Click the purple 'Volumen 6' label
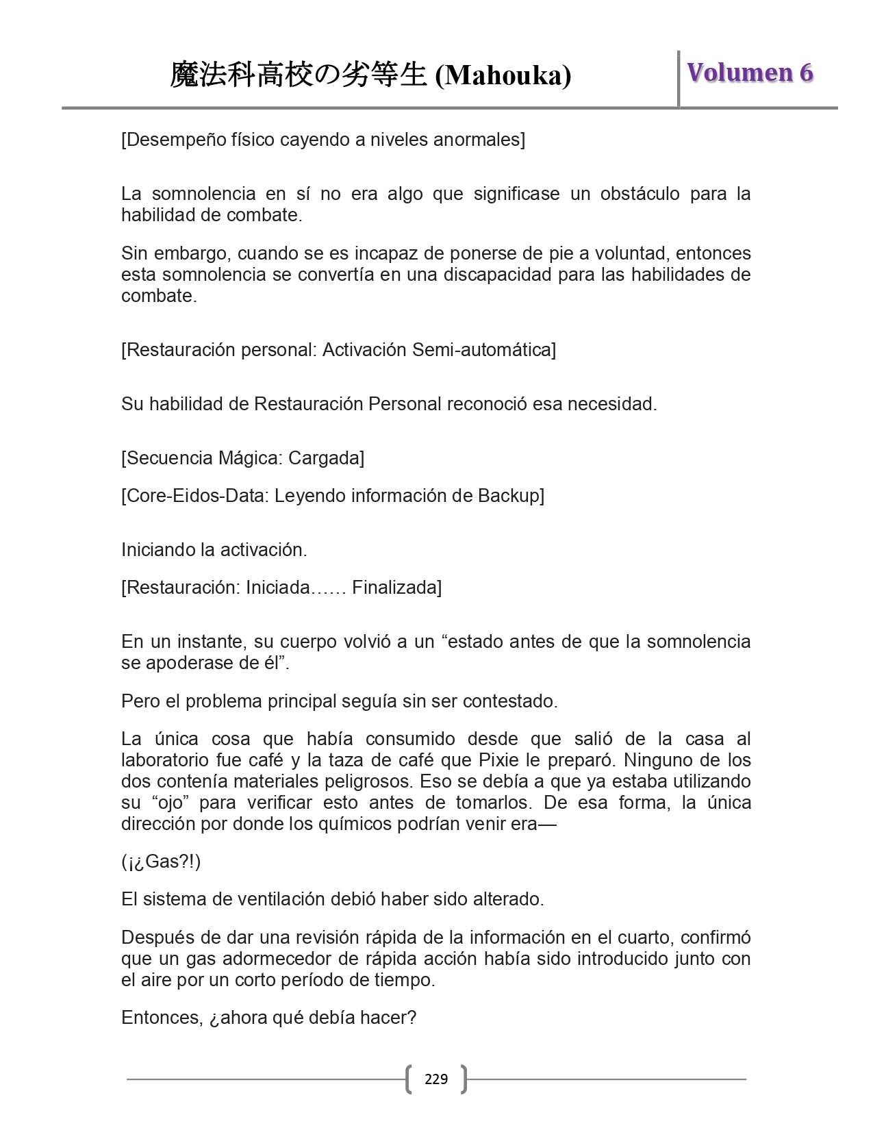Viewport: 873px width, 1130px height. point(750,73)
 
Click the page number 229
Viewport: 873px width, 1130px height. point(436,1079)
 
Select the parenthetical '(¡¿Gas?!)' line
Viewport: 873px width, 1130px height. point(161,862)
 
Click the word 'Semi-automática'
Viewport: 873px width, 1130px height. point(483,350)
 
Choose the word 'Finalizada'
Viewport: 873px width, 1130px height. point(395,588)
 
